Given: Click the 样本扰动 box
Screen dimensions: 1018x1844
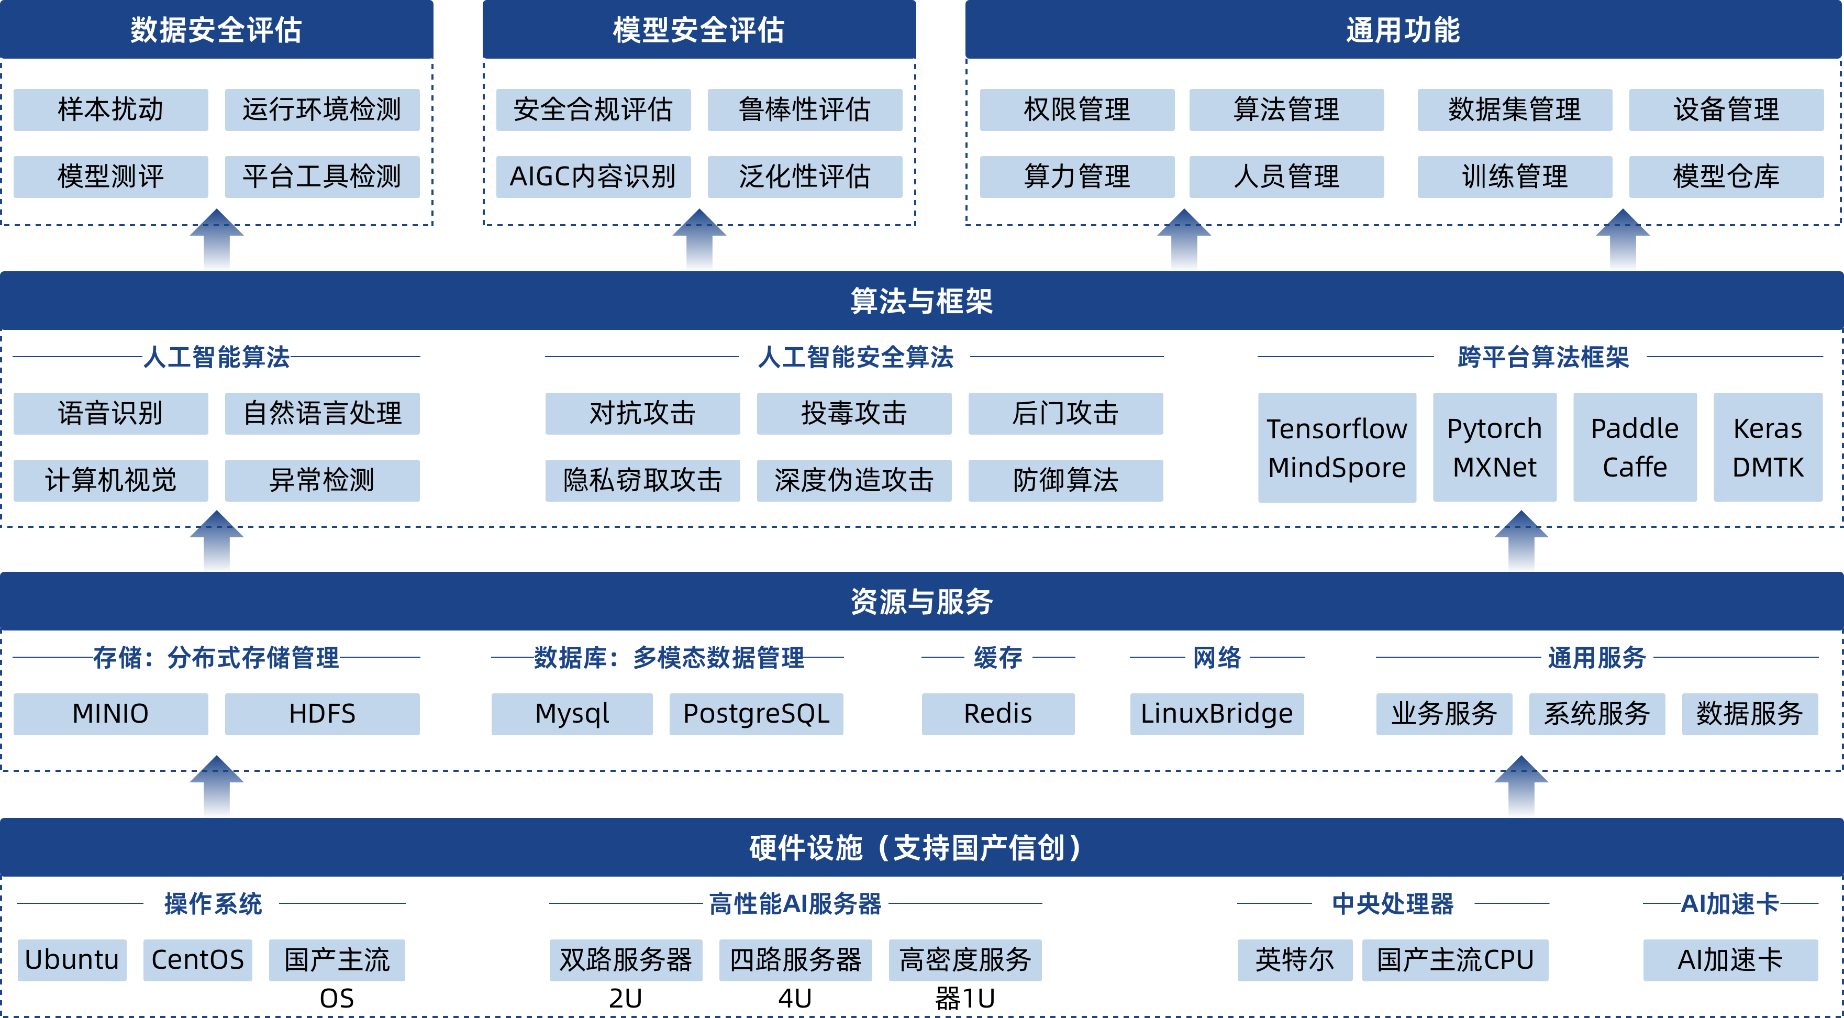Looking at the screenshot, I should [x=111, y=109].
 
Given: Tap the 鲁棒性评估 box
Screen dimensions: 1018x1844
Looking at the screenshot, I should [x=805, y=109].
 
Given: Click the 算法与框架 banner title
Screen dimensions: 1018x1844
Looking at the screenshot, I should [x=921, y=301].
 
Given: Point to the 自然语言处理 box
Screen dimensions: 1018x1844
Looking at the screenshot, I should [x=322, y=413].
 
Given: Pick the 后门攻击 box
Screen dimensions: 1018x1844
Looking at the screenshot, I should [x=1065, y=413].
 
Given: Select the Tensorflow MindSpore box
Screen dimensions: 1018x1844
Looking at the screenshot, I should [x=1337, y=447].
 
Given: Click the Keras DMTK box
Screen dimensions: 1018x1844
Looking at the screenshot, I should [x=1768, y=447].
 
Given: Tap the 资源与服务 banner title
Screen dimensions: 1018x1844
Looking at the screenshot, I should [x=921, y=601].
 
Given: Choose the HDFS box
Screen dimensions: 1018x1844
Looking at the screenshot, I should [x=322, y=714].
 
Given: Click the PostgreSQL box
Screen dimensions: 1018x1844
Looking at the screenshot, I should [x=756, y=714].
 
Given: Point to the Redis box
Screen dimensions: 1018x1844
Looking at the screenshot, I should [x=998, y=714].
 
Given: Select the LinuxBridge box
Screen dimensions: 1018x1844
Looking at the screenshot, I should [x=1216, y=714].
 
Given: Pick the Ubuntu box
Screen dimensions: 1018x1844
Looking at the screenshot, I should [x=72, y=960].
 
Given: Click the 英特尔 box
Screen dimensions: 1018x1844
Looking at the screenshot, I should [x=1294, y=960].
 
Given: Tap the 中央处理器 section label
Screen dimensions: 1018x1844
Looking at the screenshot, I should [x=1392, y=903].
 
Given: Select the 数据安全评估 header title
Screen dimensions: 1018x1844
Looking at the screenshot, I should [x=216, y=30].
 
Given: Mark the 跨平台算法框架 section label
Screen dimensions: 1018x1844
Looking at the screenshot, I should [x=1542, y=357].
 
